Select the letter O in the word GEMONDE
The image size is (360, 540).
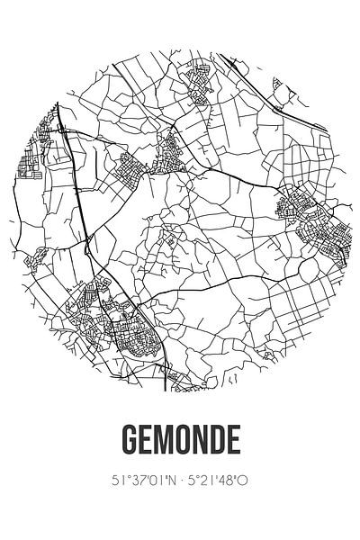[181, 442]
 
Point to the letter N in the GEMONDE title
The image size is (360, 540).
[199, 442]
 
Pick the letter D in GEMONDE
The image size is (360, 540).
[217, 442]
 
